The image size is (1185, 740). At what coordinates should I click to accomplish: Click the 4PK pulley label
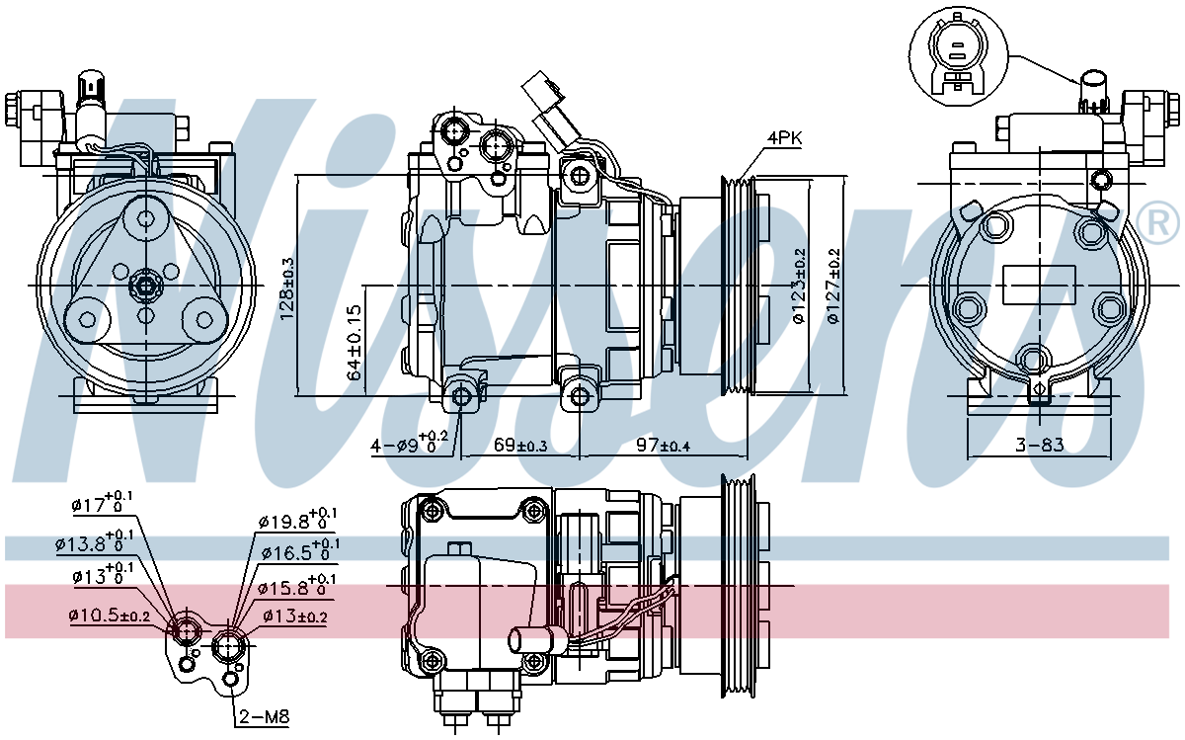(784, 138)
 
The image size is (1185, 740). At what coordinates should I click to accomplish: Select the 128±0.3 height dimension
(287, 289)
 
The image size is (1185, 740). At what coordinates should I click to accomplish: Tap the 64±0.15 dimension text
(355, 343)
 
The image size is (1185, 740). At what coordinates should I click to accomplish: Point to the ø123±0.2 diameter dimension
(799, 286)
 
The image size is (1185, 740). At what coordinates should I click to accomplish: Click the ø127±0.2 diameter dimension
(833, 287)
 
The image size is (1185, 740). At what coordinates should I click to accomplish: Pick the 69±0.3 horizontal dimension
(520, 446)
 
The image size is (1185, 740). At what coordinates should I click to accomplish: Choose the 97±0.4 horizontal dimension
(663, 446)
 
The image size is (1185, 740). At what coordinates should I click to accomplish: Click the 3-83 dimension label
(1039, 445)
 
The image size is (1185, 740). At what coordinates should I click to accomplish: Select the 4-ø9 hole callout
(409, 443)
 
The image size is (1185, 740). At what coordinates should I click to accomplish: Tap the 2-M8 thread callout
(265, 716)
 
